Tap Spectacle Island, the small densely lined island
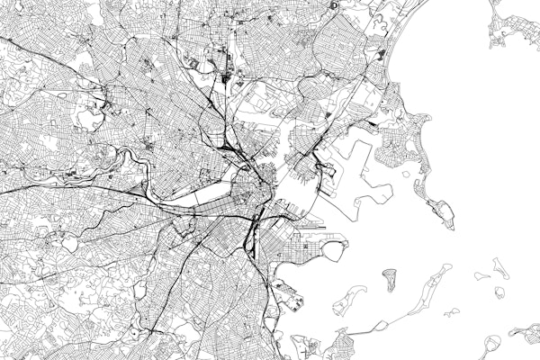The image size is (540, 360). click(x=390, y=276)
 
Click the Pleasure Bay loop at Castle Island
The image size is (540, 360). click(x=334, y=247)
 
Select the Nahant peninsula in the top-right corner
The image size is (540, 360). click(x=513, y=27)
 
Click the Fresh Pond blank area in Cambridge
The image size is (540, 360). click(x=90, y=118)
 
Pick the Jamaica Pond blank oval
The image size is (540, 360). click(x=139, y=290)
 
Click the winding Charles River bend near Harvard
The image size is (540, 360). click(x=135, y=166)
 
